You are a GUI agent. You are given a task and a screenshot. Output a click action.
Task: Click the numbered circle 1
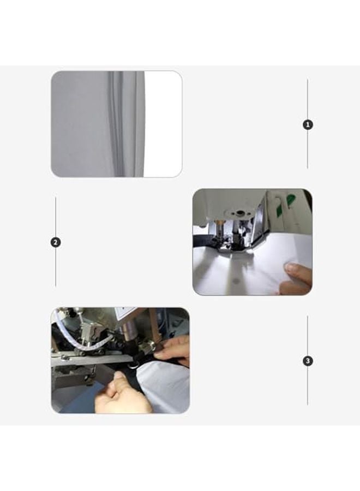point(308,124)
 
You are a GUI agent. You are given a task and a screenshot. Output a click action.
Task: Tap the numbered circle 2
point(56,242)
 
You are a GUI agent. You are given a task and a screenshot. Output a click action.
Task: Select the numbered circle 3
point(308,361)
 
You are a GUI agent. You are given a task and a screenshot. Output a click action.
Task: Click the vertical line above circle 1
point(308,98)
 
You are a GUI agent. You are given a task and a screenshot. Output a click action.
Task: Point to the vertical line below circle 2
point(56,267)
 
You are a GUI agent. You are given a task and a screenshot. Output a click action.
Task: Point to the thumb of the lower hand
point(116,380)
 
